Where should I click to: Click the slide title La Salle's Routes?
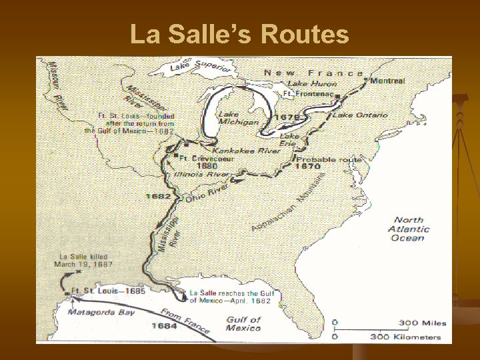239,34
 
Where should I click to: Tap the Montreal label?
387,81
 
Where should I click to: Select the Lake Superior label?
200,67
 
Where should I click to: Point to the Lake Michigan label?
238,118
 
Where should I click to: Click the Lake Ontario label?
360,115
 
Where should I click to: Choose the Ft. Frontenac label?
308,94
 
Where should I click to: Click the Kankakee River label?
247,151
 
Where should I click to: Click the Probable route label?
329,160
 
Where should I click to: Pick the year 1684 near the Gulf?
163,325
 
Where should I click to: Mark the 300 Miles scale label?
423,323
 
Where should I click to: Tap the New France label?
314,73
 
